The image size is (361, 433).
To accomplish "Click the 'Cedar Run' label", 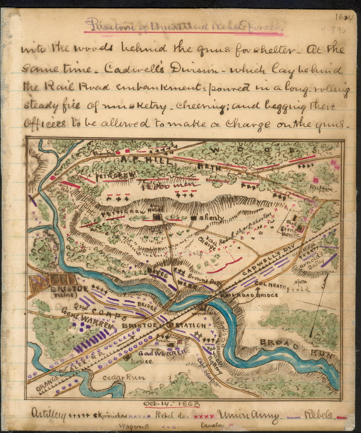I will point(123,377).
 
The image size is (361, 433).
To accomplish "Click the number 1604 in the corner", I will point(344,17).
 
